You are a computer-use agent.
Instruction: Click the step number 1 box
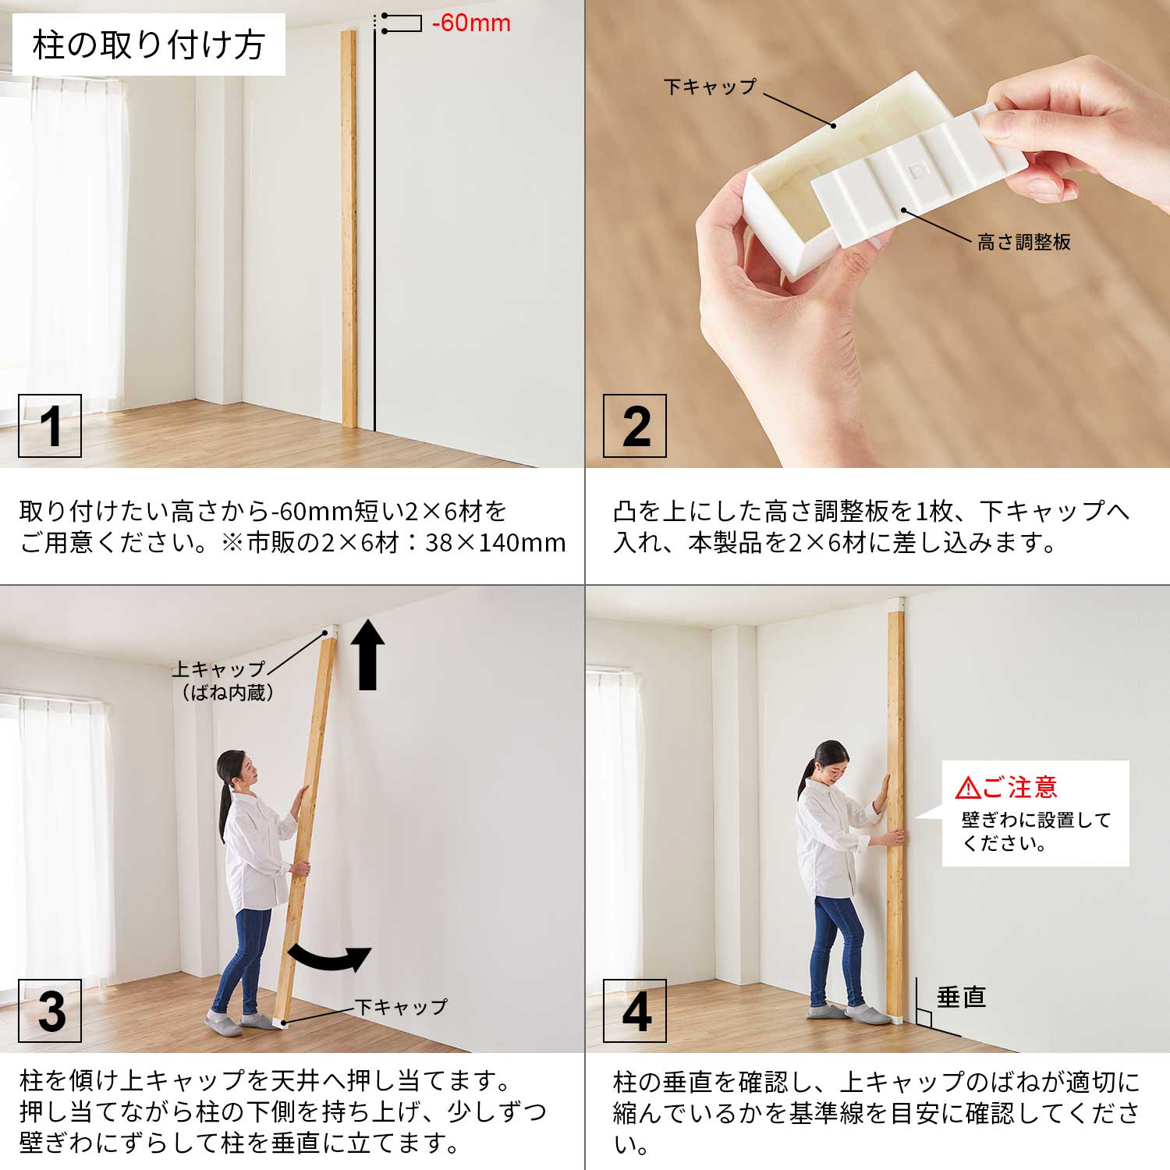click(x=50, y=426)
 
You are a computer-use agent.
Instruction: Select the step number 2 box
click(x=635, y=426)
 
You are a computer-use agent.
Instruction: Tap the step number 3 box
click(x=50, y=1011)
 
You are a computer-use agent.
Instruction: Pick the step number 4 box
click(x=635, y=1011)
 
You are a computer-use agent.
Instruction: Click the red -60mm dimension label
click(x=471, y=23)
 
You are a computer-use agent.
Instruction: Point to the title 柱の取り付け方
click(x=149, y=44)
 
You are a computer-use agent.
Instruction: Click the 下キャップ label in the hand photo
click(x=711, y=87)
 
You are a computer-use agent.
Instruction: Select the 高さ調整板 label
click(x=1023, y=242)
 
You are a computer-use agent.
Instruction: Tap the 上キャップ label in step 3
click(x=219, y=669)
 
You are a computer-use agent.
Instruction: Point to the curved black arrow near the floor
click(x=328, y=959)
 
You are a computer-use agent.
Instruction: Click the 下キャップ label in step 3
click(x=401, y=1006)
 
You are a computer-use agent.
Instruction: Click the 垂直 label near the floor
click(x=961, y=997)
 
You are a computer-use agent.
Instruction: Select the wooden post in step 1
click(x=349, y=229)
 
